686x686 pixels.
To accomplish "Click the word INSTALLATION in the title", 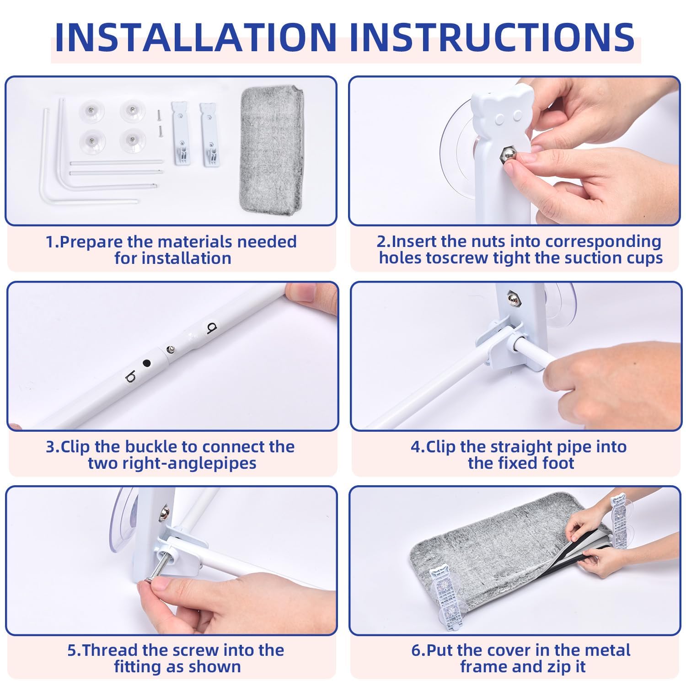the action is [195, 37].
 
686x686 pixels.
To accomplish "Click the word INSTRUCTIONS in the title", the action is [492, 37].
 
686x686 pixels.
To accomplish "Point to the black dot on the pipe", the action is [147, 363].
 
